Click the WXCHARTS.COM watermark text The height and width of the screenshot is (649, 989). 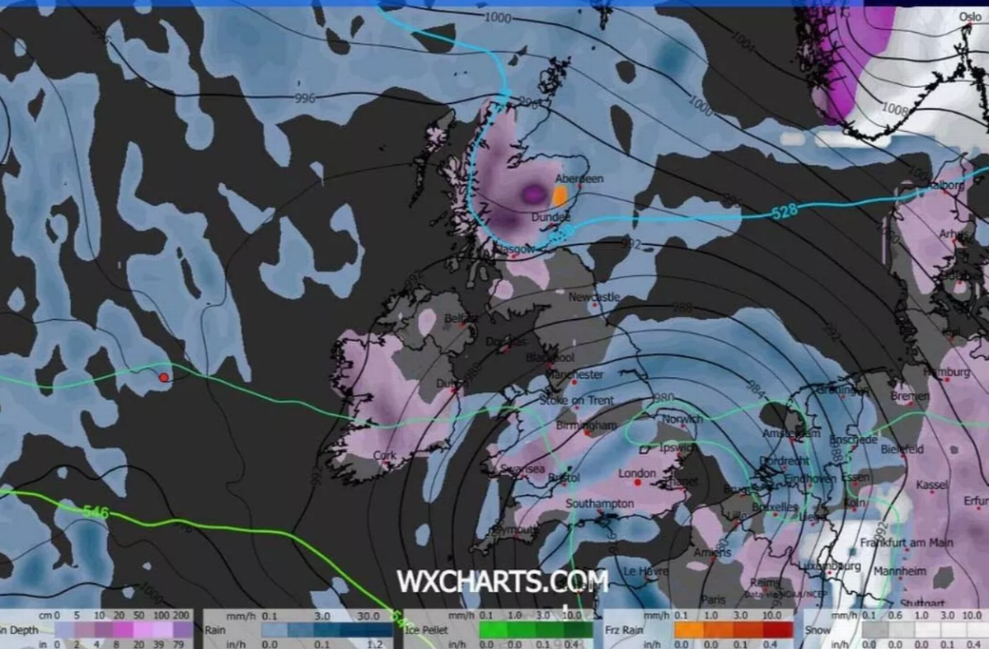502,581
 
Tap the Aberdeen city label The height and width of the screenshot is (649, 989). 579,178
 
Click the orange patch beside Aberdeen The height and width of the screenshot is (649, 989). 560,195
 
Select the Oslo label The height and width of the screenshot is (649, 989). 970,17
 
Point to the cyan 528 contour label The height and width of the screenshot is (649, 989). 785,211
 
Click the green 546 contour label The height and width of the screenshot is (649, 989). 96,511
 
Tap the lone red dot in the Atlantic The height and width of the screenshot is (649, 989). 163,377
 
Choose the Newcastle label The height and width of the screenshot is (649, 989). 594,297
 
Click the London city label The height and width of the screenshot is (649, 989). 636,473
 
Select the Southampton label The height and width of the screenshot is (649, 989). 599,503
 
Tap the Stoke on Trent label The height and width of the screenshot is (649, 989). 576,400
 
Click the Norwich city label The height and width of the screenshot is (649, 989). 682,419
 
